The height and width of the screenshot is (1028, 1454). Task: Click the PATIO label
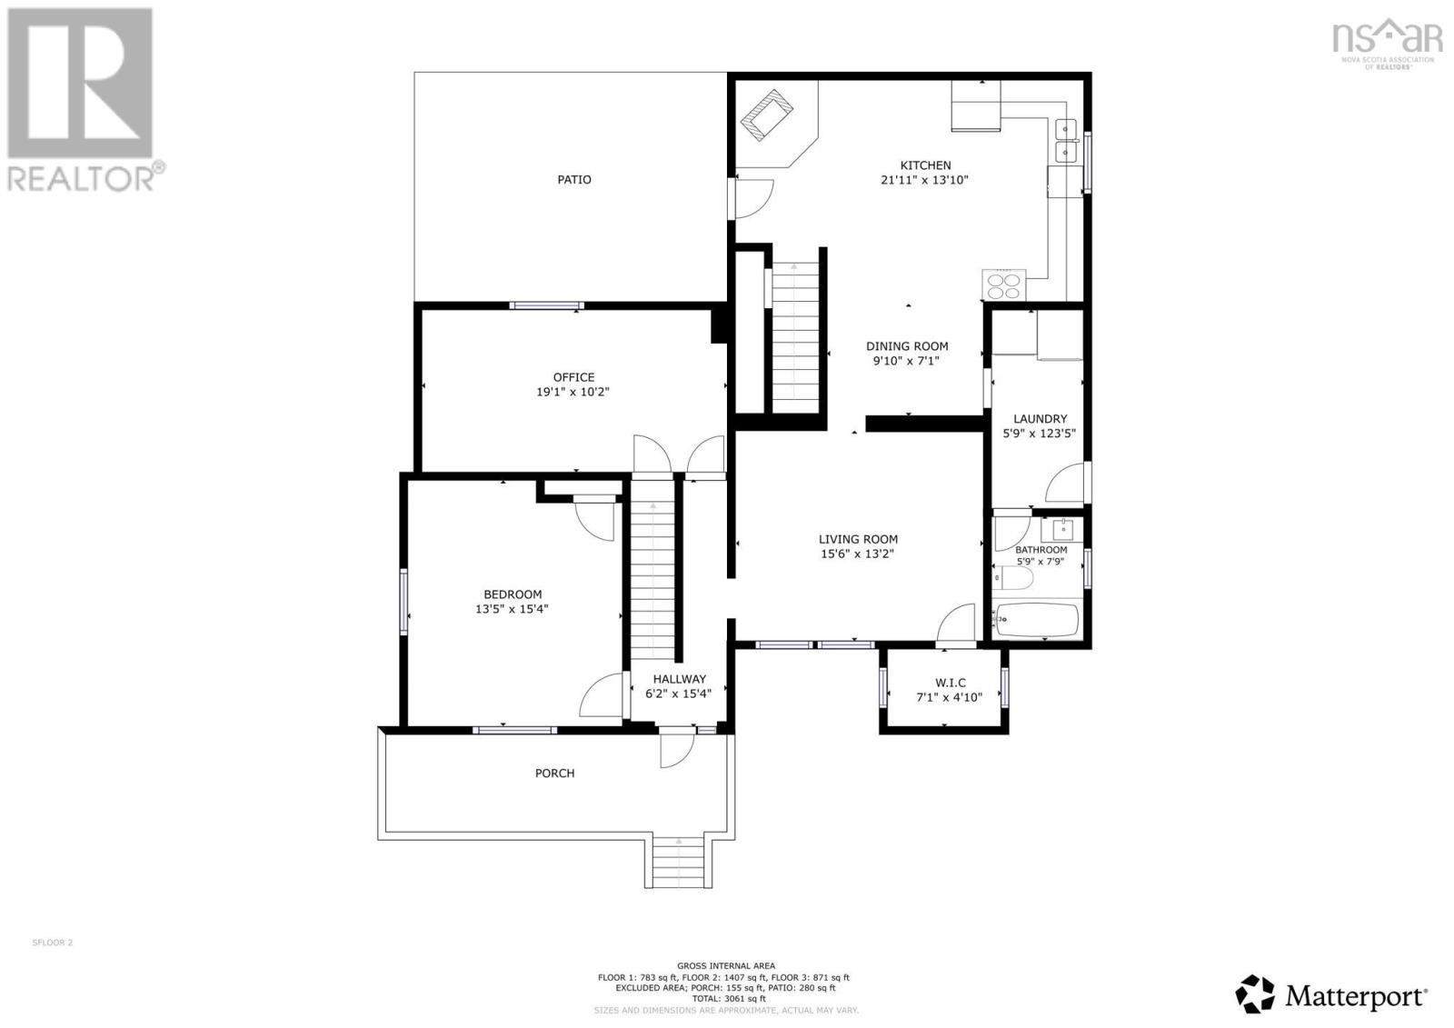pos(573,180)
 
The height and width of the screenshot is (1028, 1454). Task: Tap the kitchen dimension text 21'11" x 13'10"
pos(924,180)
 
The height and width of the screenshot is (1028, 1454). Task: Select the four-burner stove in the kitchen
pos(1004,286)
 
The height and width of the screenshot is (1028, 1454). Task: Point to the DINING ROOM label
pos(906,346)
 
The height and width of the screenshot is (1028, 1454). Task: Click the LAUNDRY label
pos(1040,419)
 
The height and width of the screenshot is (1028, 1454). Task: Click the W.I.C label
pos(950,683)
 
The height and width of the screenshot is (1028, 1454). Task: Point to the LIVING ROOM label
pos(857,539)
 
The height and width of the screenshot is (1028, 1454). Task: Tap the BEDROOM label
pos(512,594)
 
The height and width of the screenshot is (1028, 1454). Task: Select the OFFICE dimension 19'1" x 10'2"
pos(573,393)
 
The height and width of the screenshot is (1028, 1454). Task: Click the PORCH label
pos(554,773)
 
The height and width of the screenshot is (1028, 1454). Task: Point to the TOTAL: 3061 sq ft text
pos(725,998)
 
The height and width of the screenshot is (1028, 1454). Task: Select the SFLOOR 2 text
pos(52,943)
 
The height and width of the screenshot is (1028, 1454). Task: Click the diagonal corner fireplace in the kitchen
pos(768,116)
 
